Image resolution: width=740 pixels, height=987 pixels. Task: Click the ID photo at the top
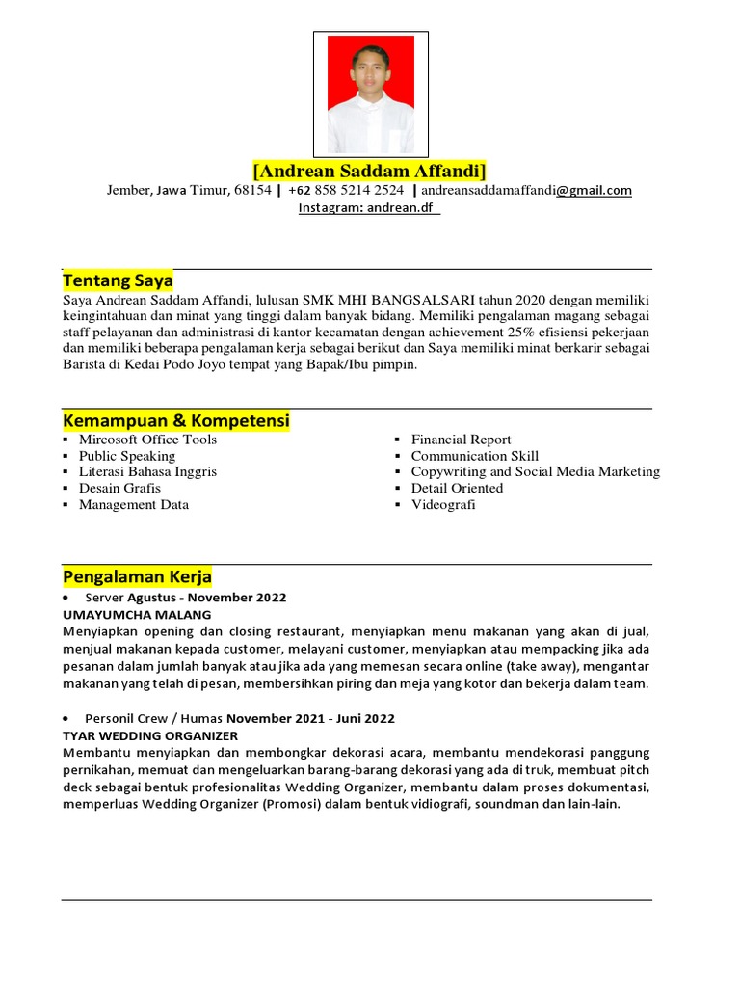(x=370, y=94)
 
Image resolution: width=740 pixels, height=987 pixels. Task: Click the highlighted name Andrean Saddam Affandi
(x=370, y=171)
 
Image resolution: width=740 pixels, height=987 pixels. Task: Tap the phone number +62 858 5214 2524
(x=347, y=190)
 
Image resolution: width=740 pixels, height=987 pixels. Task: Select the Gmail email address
(x=526, y=190)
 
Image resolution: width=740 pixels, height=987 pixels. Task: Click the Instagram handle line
(x=369, y=207)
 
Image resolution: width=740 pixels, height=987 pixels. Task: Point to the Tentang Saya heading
(x=118, y=280)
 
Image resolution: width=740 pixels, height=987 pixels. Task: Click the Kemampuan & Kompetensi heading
(x=176, y=421)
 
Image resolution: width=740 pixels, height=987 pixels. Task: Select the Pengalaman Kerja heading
(x=137, y=576)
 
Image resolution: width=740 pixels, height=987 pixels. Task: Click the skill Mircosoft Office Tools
(x=147, y=440)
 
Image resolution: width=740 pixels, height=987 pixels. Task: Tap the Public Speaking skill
(x=127, y=456)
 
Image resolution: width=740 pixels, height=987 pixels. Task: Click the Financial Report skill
(x=461, y=440)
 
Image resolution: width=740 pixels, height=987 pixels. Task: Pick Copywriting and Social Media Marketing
(x=535, y=471)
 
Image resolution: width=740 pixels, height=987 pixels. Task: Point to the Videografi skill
(x=443, y=504)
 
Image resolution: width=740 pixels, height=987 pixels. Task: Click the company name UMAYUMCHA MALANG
(x=137, y=614)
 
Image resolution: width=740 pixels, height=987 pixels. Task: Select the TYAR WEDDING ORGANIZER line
(x=150, y=734)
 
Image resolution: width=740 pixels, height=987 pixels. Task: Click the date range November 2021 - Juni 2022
(x=310, y=718)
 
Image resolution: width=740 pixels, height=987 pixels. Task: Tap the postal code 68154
(x=252, y=190)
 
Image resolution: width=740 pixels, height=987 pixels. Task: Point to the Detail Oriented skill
(x=457, y=488)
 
